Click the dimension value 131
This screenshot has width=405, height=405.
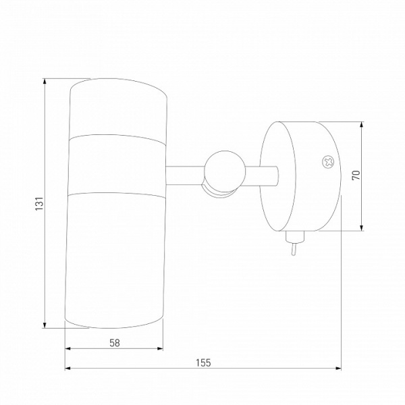[x=39, y=203]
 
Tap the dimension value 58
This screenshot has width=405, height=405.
[x=115, y=343]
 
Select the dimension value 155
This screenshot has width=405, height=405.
[x=203, y=362]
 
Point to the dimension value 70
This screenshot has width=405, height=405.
[x=356, y=175]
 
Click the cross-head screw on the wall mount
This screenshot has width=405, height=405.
[x=328, y=163]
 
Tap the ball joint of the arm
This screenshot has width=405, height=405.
[x=224, y=171]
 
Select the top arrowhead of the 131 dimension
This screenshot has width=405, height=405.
[x=45, y=81]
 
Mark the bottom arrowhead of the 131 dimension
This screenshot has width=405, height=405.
[x=45, y=325]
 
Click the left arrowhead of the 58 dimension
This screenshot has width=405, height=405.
[x=67, y=348]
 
